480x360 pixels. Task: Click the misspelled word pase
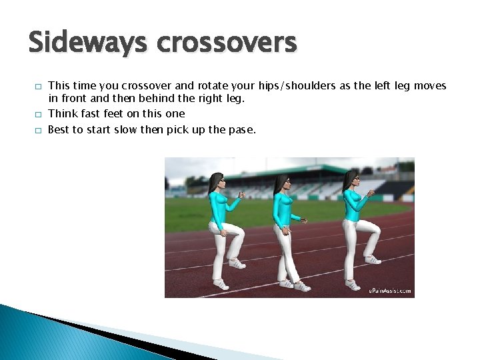[x=241, y=129]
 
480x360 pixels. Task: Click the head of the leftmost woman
[x=217, y=181]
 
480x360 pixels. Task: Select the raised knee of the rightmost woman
[x=375, y=229]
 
